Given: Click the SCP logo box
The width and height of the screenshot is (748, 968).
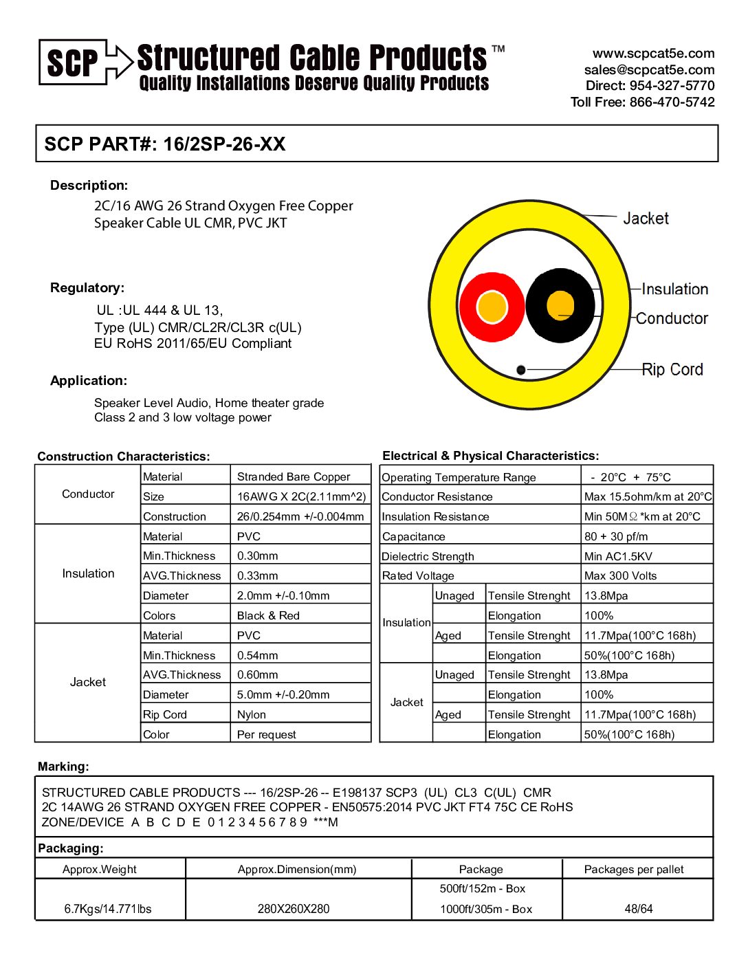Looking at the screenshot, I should tap(73, 63).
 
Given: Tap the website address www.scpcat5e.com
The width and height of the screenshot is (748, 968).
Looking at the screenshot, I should tap(653, 54).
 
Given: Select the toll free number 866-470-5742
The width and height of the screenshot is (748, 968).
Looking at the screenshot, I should tap(672, 102).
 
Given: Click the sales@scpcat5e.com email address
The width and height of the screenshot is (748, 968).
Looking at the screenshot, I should tap(649, 70).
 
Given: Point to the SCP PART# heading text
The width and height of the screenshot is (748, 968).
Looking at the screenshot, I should tap(165, 144).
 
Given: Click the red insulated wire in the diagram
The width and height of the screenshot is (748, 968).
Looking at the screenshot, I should tap(492, 307).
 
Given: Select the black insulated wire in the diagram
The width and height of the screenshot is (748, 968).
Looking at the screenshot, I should tap(560, 305).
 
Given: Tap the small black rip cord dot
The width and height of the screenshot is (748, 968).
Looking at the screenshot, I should tap(521, 370).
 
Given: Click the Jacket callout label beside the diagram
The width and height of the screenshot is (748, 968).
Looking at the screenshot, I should tap(646, 219).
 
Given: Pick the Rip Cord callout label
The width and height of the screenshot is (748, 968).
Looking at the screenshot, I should tap(672, 370).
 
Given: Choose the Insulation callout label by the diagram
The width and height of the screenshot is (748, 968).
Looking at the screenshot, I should tap(674, 289).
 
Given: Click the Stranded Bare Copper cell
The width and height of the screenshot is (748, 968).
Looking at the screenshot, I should tap(294, 477).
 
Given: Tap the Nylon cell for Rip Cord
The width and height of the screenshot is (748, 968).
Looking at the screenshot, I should tap(252, 715).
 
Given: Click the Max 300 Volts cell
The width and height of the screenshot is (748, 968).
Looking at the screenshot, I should tap(620, 576).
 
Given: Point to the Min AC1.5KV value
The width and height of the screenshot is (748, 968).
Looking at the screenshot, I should tap(618, 556).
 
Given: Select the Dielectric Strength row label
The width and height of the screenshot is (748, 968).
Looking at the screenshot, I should tap(428, 556).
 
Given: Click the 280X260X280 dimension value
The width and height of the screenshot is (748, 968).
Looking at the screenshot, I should tap(294, 909).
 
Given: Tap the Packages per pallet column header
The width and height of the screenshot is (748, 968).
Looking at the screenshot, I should tap(634, 870).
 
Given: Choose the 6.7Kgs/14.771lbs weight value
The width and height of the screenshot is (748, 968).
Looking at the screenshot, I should tap(108, 909).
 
